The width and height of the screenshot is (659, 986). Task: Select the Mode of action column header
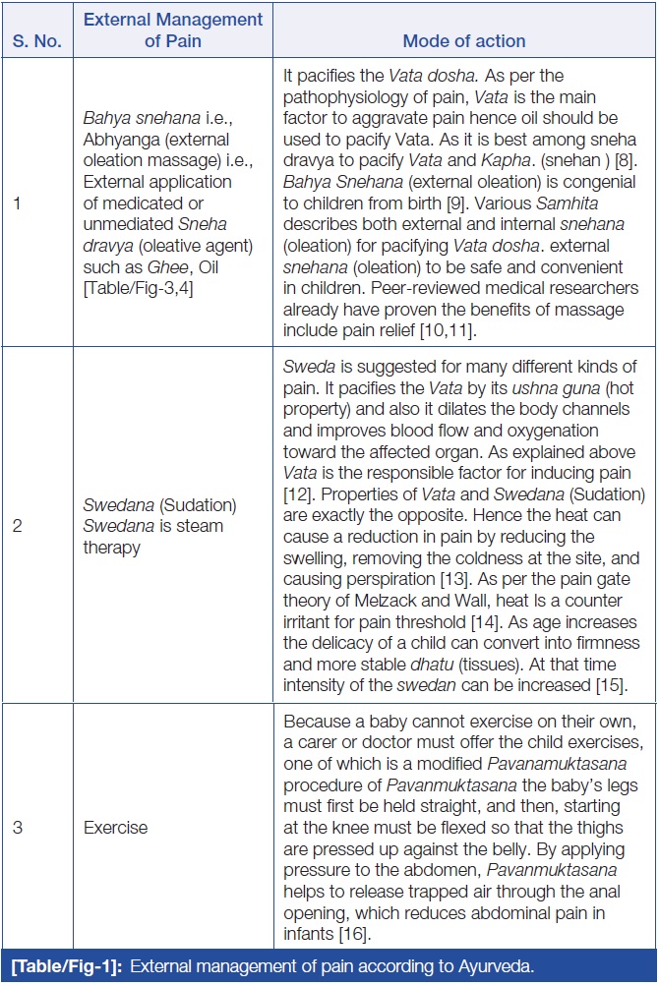pos(464,41)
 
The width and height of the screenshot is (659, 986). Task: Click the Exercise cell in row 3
pos(115,827)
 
